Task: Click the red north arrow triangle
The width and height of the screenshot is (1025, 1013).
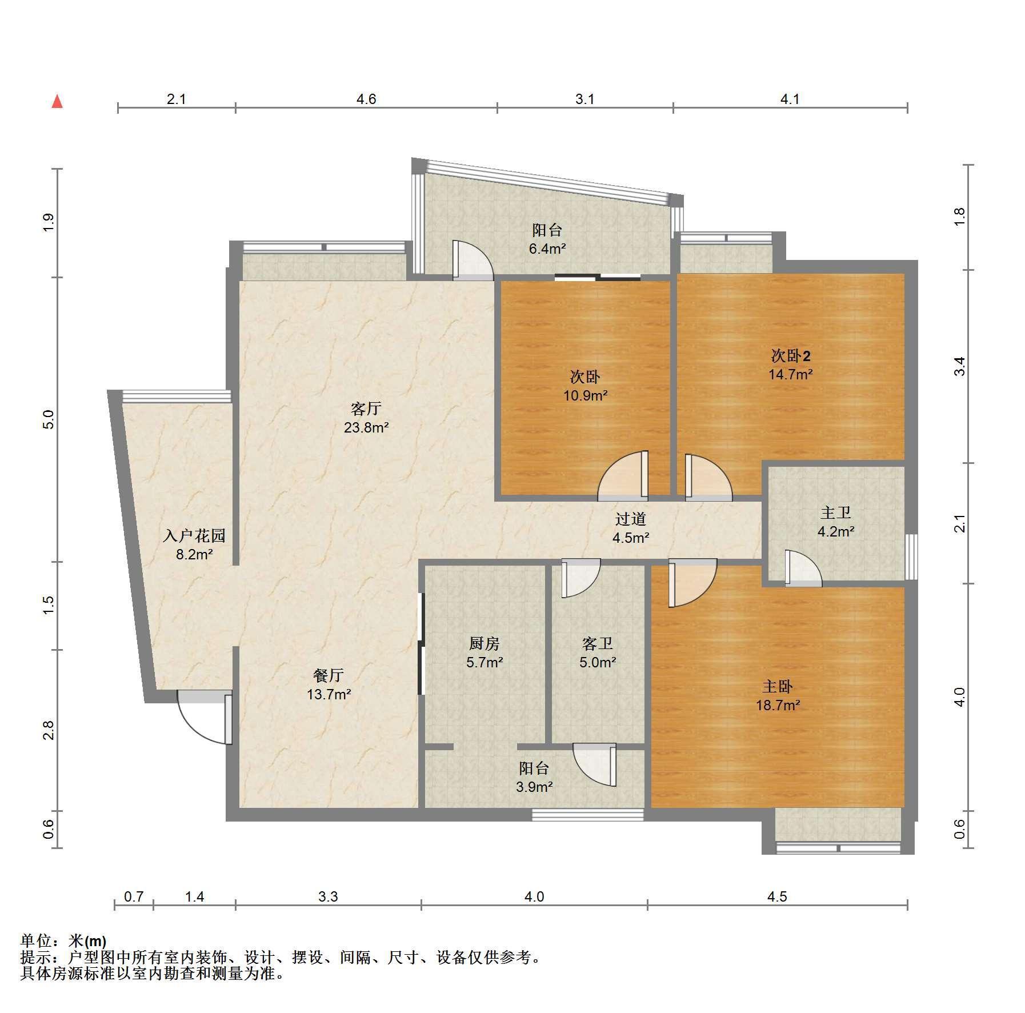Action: coord(57,102)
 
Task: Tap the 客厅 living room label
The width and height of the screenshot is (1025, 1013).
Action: coord(366,409)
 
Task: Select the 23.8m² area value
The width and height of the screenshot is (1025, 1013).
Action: coord(366,427)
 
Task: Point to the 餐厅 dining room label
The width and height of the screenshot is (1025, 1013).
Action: coord(329,675)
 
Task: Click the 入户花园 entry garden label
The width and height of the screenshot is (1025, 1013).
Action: coord(194,535)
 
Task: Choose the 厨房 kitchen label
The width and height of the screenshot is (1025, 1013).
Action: coord(485,643)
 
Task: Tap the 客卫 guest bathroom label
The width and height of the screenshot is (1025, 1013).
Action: coord(598,643)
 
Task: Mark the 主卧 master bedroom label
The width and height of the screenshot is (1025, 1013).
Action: coord(778,686)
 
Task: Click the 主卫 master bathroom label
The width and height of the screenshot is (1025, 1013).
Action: coord(836,512)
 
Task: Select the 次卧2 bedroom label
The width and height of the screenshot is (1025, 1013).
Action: coord(791,356)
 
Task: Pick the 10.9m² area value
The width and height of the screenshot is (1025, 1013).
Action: coord(586,395)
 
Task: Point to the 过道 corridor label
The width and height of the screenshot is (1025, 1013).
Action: coord(631,519)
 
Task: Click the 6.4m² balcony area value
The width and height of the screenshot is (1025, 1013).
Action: coord(547,249)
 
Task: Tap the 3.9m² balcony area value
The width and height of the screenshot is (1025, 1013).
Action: coord(534,787)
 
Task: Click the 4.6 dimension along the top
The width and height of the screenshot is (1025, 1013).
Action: coord(366,99)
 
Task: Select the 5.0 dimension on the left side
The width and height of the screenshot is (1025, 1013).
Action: coord(49,419)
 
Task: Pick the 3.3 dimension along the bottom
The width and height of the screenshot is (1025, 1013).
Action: coord(329,896)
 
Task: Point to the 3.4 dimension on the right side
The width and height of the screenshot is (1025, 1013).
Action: coord(960,366)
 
